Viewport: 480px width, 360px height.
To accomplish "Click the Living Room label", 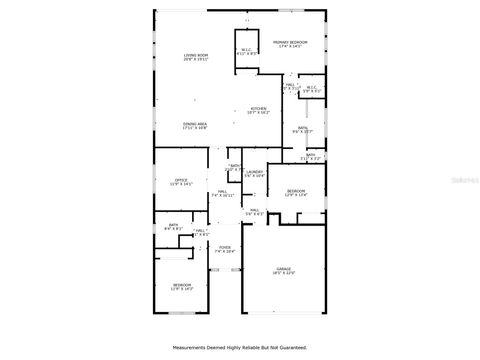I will [194, 54].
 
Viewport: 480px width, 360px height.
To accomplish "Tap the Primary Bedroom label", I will [290, 40].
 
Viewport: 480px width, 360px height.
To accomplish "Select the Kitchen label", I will [258, 108].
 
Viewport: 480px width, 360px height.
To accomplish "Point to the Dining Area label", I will [194, 123].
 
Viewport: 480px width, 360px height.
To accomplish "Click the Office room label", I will [182, 180].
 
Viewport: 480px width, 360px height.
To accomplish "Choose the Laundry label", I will [254, 172].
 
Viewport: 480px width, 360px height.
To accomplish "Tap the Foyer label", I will [225, 246].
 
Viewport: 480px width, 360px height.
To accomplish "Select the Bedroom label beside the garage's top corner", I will [296, 191].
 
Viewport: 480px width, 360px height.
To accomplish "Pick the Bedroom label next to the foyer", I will [181, 285].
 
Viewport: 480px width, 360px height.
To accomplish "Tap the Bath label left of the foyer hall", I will [173, 225].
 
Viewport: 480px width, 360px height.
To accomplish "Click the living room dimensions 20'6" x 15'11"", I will [194, 59].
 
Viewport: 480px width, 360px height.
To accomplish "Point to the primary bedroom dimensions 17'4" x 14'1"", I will [290, 45].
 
